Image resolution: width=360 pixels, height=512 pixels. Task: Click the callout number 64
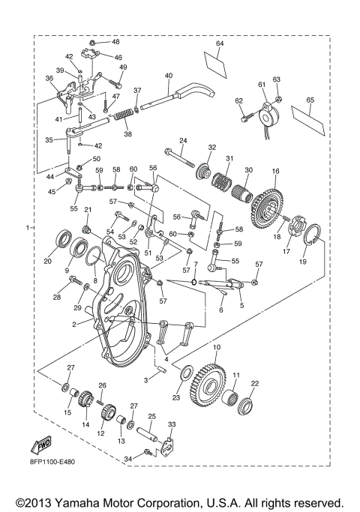tap(220, 44)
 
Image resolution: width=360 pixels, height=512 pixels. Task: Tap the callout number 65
tap(310, 99)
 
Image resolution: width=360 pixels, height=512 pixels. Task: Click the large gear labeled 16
tap(265, 203)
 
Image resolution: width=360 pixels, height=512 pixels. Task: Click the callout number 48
tap(115, 42)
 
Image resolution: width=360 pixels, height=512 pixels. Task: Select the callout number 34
tap(128, 458)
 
